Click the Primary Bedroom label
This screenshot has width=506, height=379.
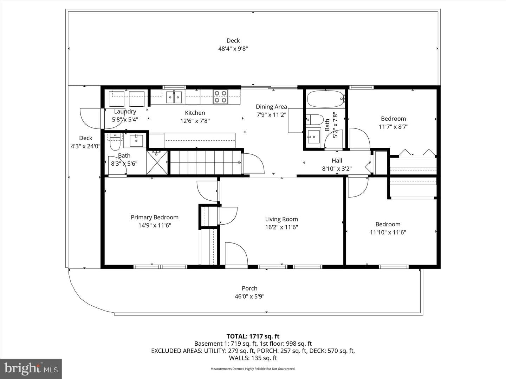(x=155, y=218)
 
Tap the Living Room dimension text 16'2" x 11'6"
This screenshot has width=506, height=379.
(x=281, y=227)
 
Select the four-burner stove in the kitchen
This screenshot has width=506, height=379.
(x=220, y=97)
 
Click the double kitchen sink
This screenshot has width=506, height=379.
(x=174, y=97)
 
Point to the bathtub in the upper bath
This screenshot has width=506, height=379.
(x=326, y=99)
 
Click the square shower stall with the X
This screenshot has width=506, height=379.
(x=157, y=162)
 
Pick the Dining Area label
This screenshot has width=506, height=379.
(x=271, y=107)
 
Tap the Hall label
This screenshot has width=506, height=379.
(x=337, y=161)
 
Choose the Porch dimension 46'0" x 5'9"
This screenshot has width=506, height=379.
(x=249, y=297)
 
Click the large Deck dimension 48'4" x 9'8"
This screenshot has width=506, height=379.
(x=233, y=49)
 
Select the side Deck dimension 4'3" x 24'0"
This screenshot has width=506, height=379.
(x=85, y=146)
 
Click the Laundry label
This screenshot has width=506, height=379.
(x=125, y=112)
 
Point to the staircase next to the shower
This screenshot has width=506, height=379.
(x=206, y=162)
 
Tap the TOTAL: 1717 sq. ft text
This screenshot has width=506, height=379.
(x=253, y=337)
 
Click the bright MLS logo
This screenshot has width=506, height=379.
(x=31, y=369)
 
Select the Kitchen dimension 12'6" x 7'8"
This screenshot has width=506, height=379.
(x=195, y=121)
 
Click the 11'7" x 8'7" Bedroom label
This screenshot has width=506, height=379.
(x=394, y=119)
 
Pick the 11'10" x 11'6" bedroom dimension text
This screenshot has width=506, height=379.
(x=388, y=232)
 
